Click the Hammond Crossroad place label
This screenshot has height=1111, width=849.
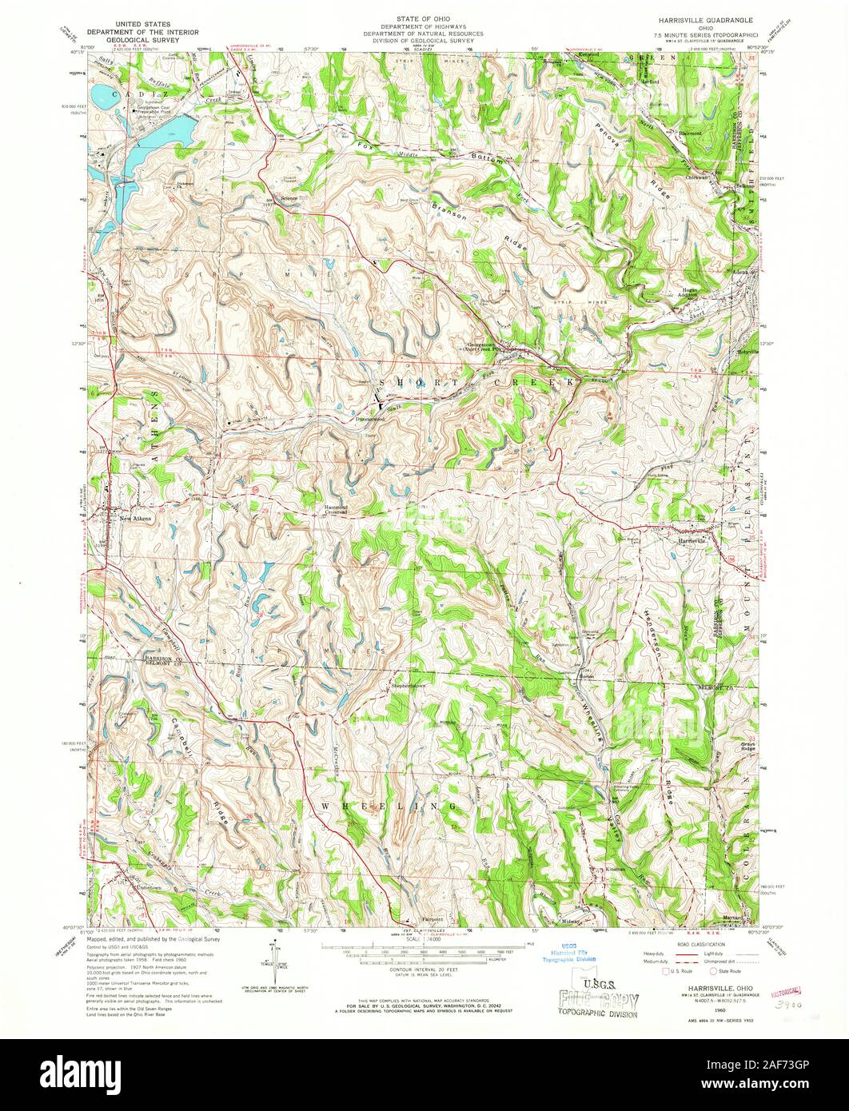(341, 512)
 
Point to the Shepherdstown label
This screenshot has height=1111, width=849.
(408, 687)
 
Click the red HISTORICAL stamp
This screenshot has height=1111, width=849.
(787, 990)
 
